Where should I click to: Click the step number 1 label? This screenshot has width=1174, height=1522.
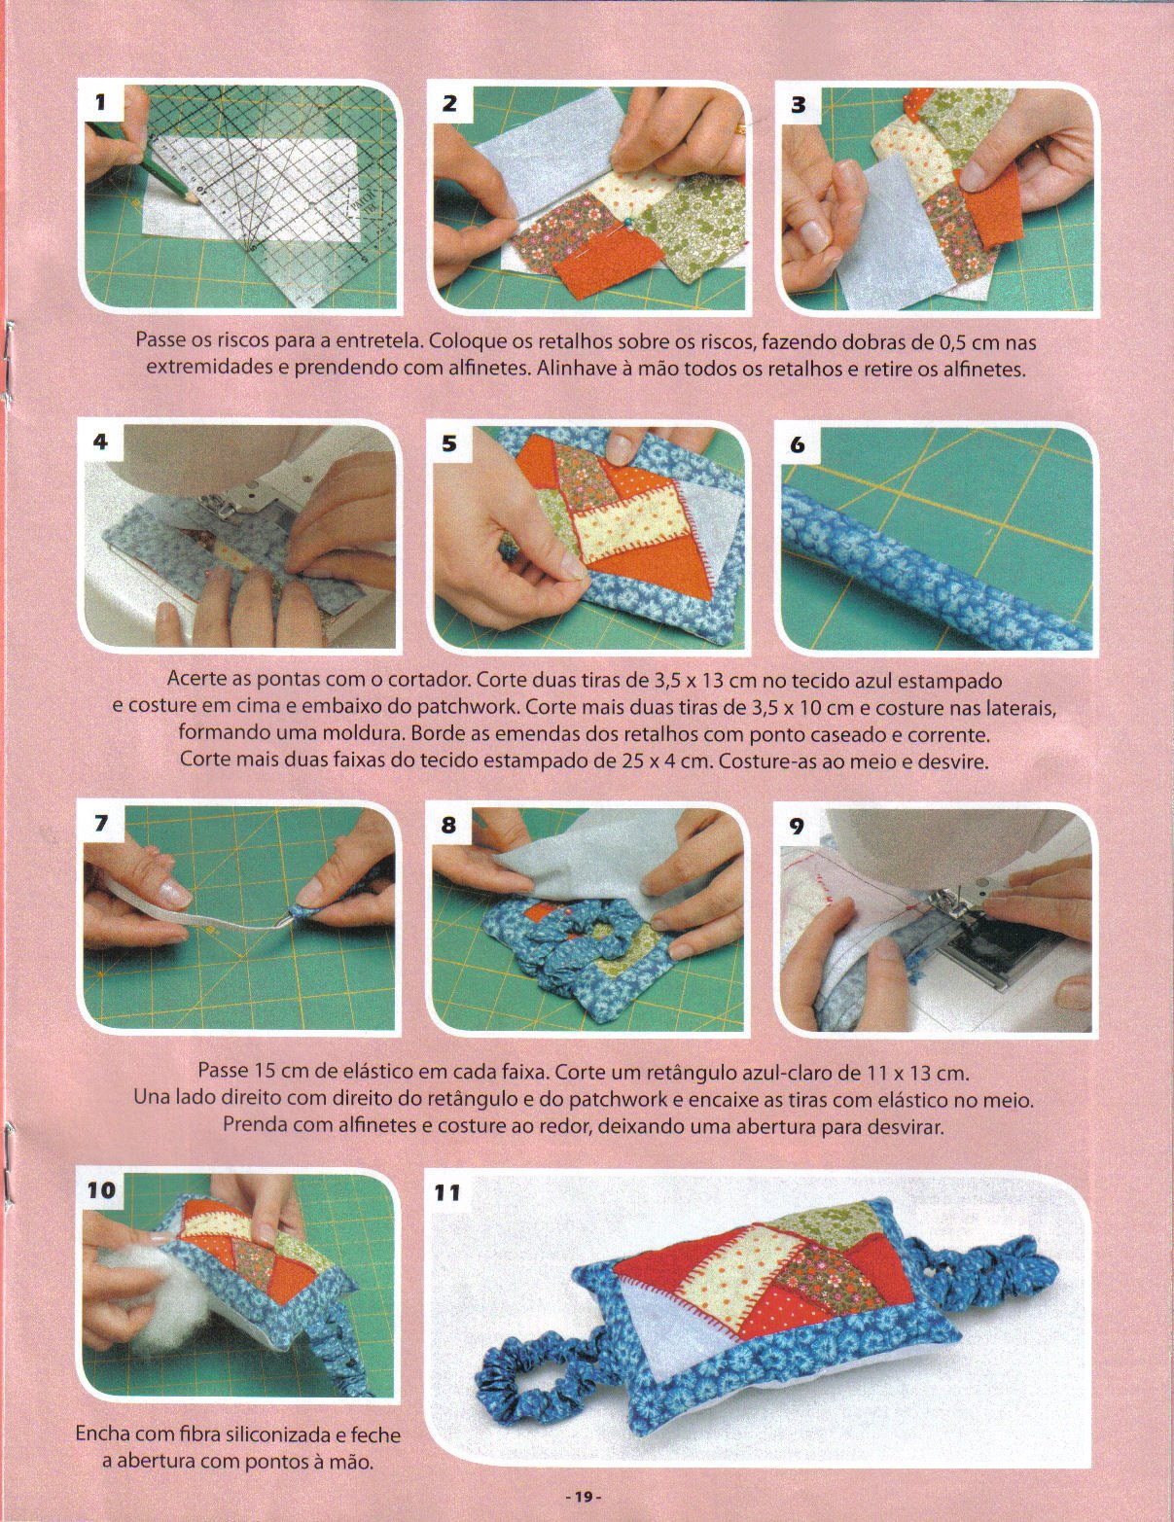tap(101, 102)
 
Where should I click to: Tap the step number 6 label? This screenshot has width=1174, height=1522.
tap(798, 444)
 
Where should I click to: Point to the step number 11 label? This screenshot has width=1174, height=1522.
tap(448, 1192)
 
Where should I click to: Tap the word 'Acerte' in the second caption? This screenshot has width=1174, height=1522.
tap(196, 680)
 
